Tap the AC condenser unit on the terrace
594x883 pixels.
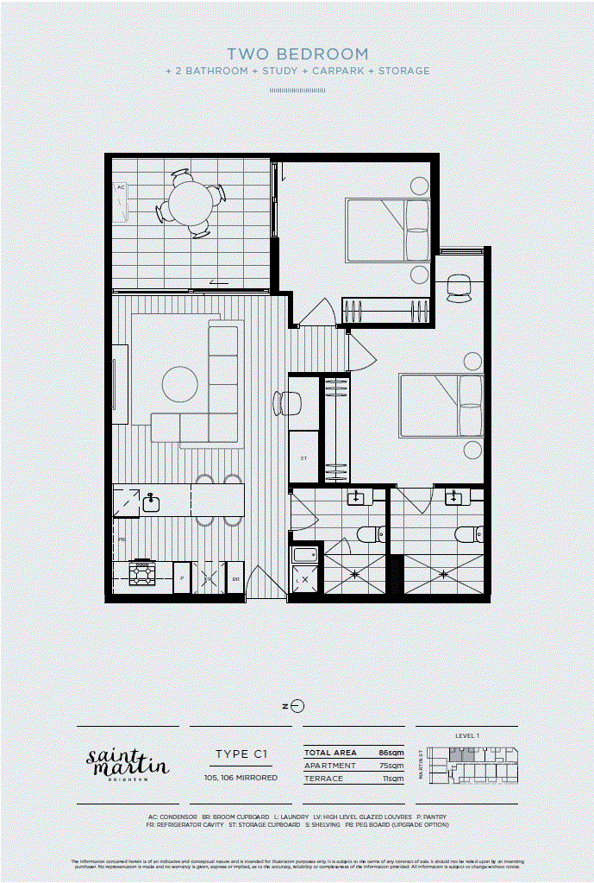point(121,200)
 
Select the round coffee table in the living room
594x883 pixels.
point(180,384)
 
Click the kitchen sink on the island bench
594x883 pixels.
point(151,502)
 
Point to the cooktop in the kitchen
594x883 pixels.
point(141,573)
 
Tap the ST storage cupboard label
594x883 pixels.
point(303,458)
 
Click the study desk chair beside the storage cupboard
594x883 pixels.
point(285,402)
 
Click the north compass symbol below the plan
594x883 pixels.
point(297,705)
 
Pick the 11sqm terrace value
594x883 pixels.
point(394,779)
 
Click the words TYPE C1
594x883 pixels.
point(241,754)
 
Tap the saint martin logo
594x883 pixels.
point(128,762)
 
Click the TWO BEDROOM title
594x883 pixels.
point(297,54)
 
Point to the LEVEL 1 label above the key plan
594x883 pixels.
point(466,735)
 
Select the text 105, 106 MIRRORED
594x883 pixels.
point(241,778)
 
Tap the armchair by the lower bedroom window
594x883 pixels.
point(459,288)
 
